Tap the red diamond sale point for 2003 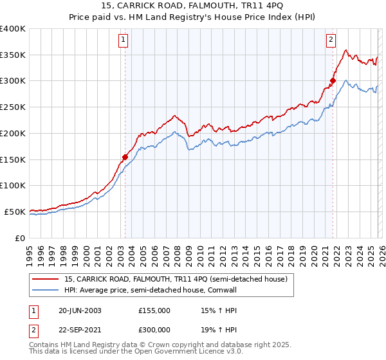pyautogui.click(x=125, y=156)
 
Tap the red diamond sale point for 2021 pyautogui.click(x=333, y=80)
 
